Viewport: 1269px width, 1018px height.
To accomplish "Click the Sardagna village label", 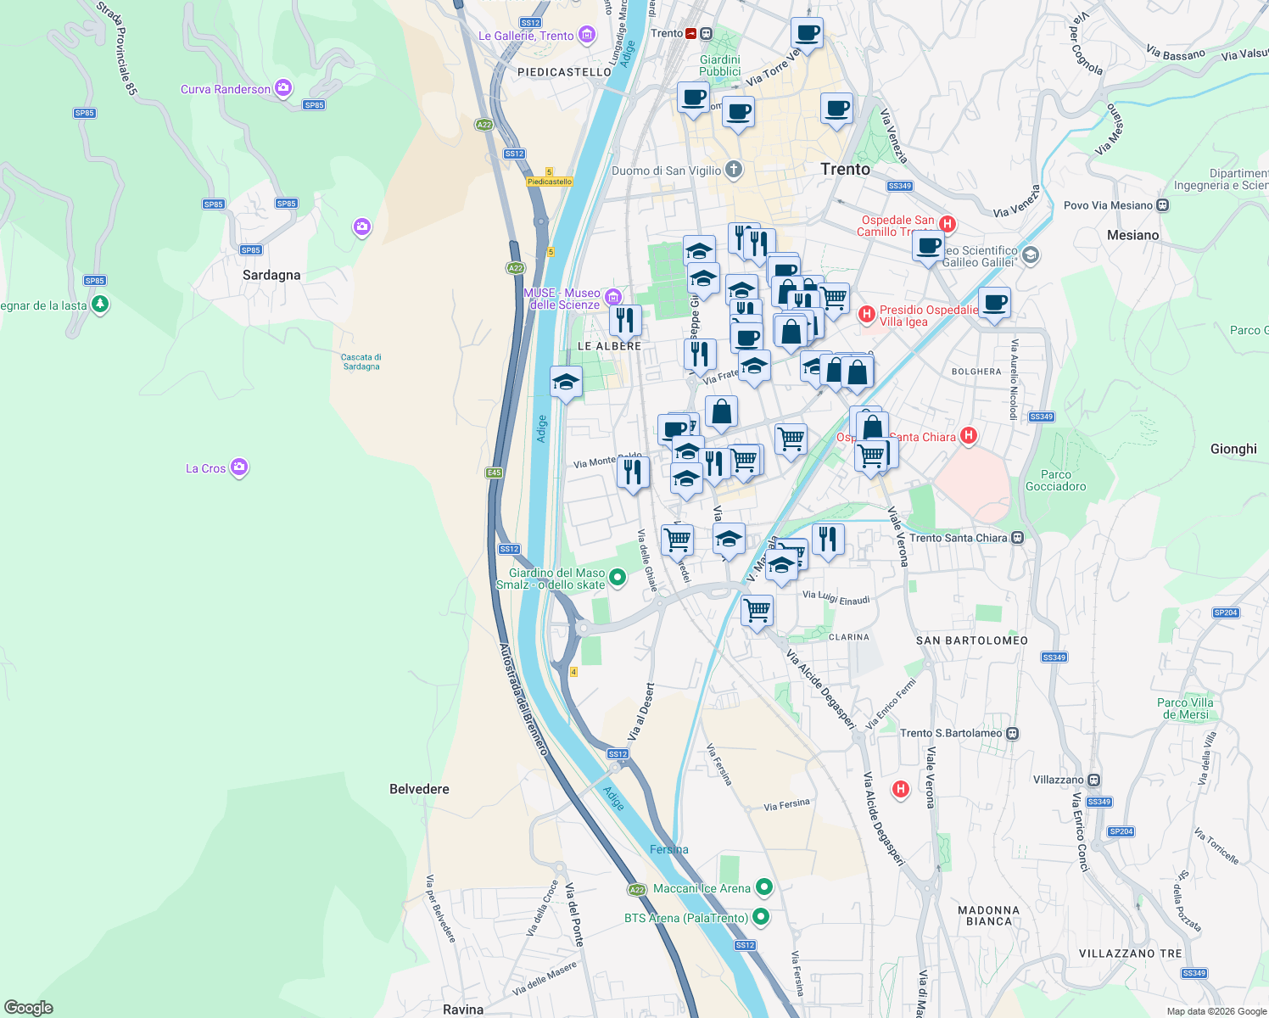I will click(271, 275).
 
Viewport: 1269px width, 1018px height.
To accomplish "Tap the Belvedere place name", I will click(419, 789).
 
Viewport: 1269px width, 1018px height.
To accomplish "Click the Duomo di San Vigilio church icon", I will click(734, 170).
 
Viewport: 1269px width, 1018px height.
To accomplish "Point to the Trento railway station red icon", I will click(691, 33).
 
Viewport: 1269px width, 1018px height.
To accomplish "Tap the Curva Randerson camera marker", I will click(283, 88).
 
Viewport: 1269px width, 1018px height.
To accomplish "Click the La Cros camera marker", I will click(239, 467).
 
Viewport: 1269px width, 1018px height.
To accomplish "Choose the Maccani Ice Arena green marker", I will click(764, 887).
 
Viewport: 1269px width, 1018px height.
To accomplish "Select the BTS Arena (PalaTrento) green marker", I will click(761, 917).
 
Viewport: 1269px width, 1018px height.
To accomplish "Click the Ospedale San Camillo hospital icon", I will click(948, 225).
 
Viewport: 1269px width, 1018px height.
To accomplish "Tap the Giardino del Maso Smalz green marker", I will click(618, 578).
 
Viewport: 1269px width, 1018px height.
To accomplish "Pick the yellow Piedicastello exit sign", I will click(550, 182).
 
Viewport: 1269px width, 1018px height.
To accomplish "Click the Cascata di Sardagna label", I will click(361, 362).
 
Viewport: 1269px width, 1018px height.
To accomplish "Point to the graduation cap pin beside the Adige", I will click(566, 383).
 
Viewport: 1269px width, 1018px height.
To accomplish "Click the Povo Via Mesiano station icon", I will click(1163, 205).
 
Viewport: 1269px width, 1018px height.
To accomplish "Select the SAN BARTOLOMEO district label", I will click(972, 640).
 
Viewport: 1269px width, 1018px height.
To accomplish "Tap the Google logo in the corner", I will click(29, 1008).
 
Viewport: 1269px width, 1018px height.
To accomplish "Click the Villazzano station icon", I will click(1094, 780).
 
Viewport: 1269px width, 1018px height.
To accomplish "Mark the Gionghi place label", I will click(1233, 449).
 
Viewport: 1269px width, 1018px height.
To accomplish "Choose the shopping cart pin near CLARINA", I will click(757, 609).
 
